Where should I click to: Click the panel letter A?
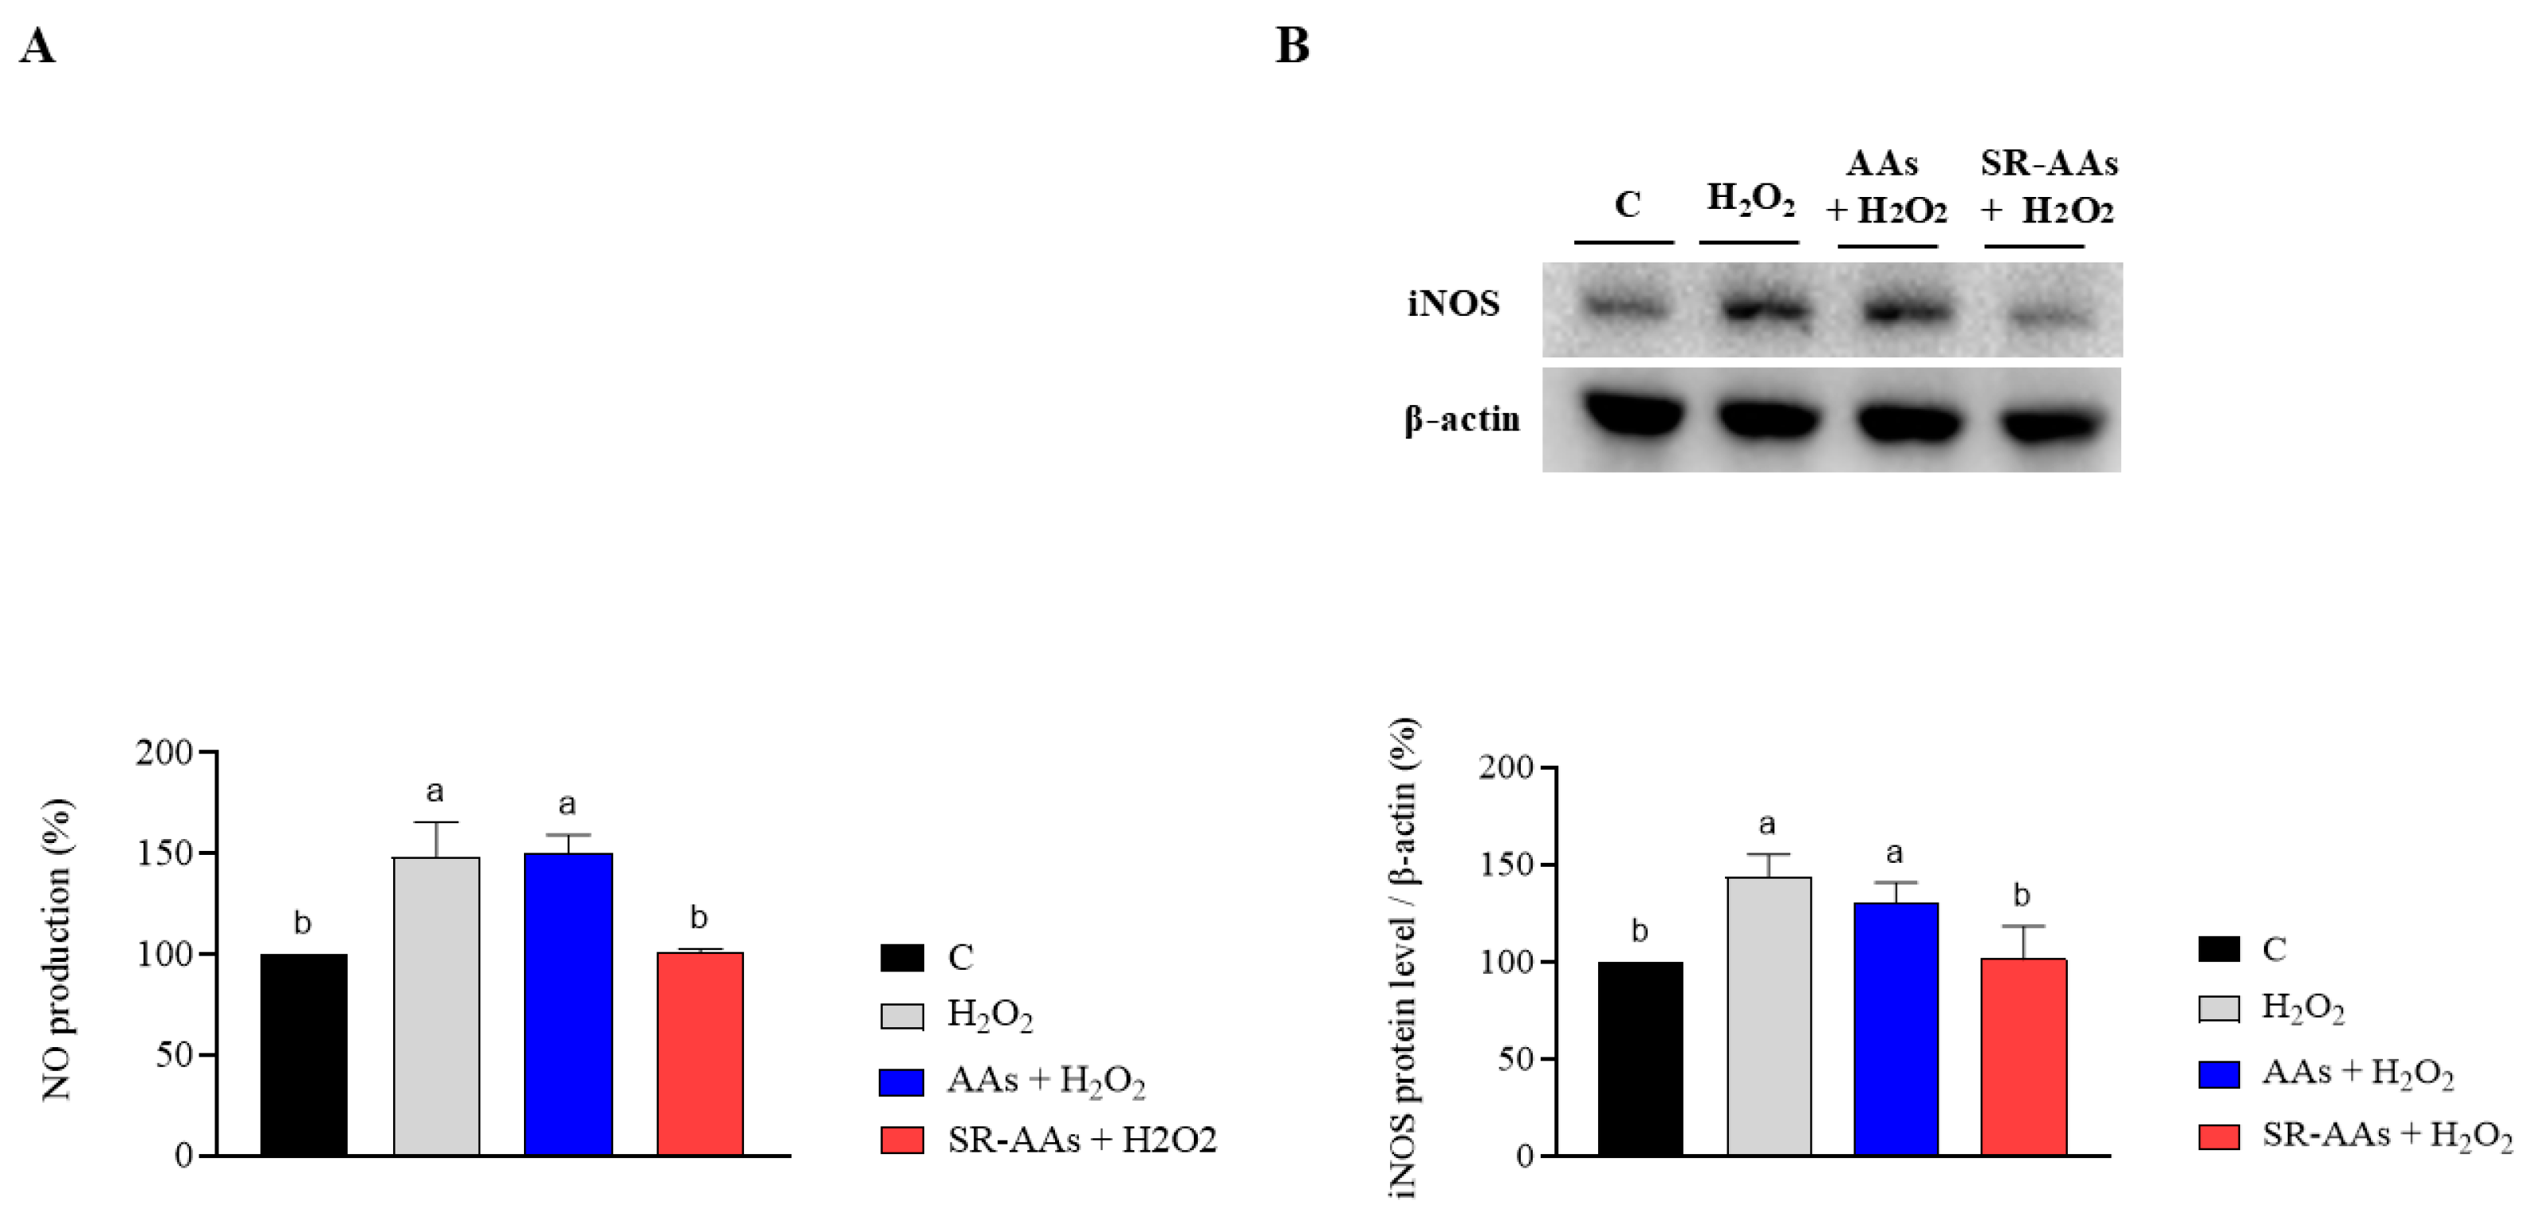37,46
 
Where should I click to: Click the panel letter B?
1291,46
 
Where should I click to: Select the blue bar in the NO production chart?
569,1003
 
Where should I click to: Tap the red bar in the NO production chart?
699,1053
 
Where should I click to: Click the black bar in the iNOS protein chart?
1640,1058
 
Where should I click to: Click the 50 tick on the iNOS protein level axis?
1516,1059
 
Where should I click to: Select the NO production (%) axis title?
57,948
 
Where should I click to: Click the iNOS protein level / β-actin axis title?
1403,959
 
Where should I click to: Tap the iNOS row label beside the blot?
1453,305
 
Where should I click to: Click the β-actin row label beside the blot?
1462,419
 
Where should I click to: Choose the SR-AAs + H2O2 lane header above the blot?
2048,186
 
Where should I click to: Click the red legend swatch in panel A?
901,1140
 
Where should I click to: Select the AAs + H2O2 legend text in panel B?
2357,1073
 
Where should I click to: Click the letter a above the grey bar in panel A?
435,791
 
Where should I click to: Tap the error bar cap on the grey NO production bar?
436,823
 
